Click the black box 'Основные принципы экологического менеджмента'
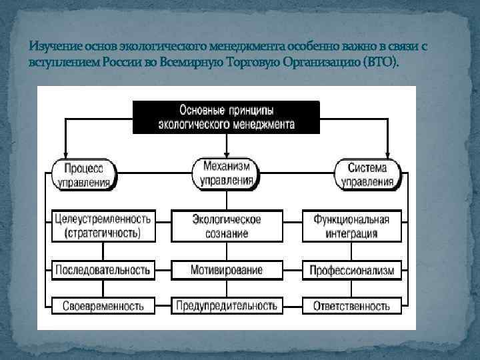(227, 117)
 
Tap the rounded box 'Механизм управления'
(227, 173)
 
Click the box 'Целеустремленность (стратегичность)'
(102, 226)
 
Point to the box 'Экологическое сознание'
(227, 226)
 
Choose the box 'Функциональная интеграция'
(352, 226)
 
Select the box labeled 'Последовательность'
(102, 270)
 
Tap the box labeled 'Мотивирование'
(227, 270)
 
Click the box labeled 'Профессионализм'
(352, 270)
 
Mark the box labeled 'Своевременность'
(102, 306)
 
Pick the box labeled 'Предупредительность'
(227, 306)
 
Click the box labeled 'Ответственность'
(352, 306)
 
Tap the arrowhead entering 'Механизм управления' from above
(227, 153)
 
